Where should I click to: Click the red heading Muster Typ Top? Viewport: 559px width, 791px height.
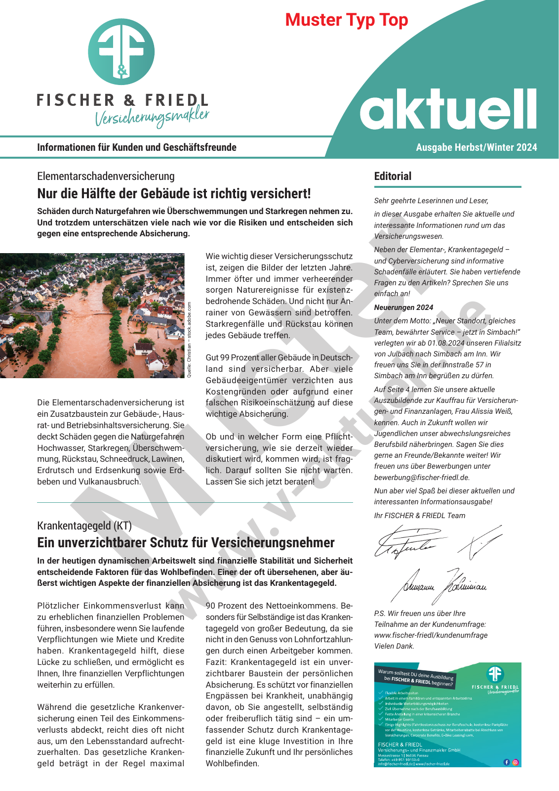point(347,20)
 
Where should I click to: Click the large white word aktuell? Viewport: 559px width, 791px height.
point(447,110)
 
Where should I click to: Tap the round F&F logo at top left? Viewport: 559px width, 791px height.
point(121,52)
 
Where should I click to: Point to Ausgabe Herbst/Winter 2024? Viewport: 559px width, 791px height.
point(476,147)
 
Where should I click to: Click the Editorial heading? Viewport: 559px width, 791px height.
point(393,176)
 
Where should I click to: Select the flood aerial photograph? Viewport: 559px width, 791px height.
point(92,315)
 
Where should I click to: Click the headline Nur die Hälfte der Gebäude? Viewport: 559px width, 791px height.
point(174,193)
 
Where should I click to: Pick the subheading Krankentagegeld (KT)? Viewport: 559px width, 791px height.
point(84,526)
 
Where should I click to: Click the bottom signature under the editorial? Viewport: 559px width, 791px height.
point(444,586)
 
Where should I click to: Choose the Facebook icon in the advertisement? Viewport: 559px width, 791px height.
point(506,762)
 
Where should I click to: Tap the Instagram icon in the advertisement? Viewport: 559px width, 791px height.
point(516,762)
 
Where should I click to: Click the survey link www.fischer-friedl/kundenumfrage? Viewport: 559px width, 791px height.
point(431,635)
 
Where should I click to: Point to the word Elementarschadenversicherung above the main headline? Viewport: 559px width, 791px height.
point(106,176)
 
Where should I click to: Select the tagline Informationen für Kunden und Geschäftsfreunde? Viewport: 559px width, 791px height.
point(137,147)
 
